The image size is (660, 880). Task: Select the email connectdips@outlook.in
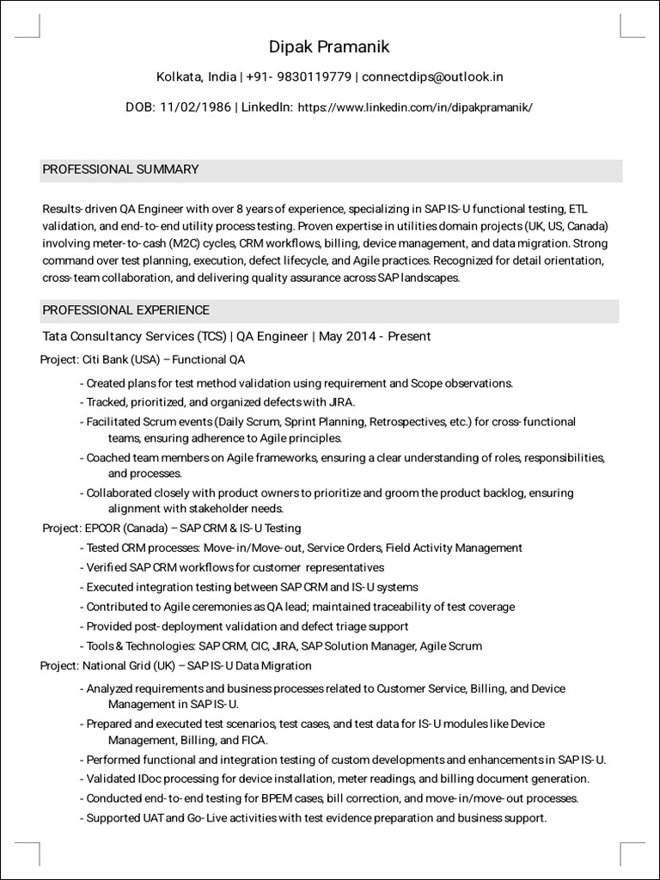[432, 76]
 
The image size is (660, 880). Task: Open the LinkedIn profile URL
[415, 107]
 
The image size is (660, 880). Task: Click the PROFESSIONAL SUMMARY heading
[120, 169]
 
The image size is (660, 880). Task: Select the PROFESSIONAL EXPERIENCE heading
[125, 309]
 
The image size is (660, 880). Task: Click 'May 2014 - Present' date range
[375, 336]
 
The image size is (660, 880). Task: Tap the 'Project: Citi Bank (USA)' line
[143, 359]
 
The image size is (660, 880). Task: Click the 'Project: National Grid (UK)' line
[176, 665]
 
